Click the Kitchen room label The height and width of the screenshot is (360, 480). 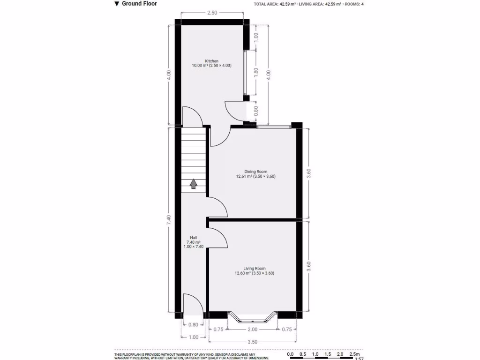[211, 61]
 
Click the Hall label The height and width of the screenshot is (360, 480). [193, 237]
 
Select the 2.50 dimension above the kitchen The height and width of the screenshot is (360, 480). [212, 13]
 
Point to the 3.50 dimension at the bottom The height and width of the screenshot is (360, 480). [252, 342]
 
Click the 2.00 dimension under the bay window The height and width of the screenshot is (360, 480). [252, 330]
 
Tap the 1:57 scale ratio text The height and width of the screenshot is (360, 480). [360, 359]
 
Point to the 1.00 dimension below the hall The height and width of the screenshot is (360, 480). [193, 337]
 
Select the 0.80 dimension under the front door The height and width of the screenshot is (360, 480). [193, 325]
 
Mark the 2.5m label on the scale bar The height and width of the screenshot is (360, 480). [355, 354]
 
